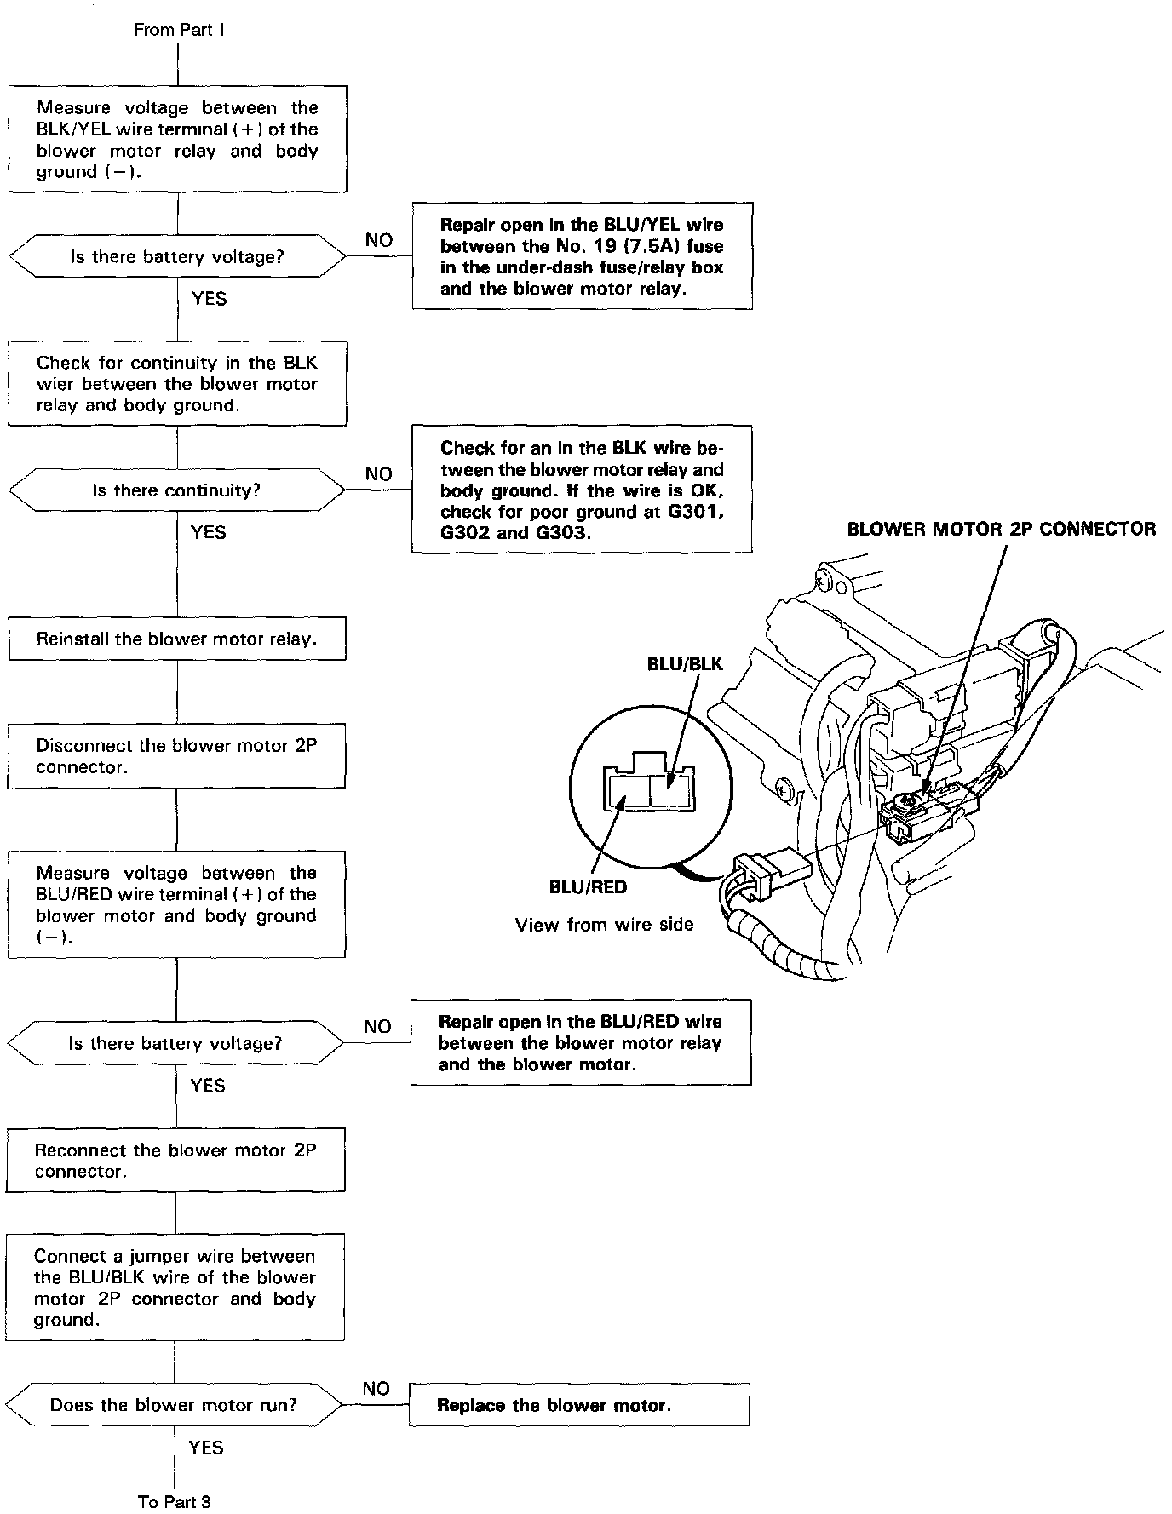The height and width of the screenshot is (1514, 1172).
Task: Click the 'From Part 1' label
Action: pos(179,30)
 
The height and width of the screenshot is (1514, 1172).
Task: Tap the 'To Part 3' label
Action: pos(174,1501)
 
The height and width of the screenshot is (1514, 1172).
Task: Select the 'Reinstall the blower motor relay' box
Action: pos(177,639)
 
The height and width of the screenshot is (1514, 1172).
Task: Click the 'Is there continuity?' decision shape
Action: pos(176,490)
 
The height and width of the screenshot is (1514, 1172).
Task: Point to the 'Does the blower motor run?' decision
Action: pos(174,1405)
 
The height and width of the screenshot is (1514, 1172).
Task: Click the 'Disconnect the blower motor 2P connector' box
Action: pos(176,756)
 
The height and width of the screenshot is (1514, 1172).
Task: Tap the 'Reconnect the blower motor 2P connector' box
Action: pos(175,1161)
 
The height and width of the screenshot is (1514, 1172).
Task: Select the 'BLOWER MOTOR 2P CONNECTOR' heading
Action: pos(1001,529)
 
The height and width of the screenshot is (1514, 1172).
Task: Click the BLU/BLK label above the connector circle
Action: pos(685,664)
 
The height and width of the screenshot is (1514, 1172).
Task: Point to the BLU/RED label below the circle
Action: pos(588,887)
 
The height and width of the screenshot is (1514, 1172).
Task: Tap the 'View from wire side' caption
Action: pos(604,925)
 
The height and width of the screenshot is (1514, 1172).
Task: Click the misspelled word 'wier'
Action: pos(53,384)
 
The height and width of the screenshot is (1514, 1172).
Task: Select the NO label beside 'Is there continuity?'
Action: pos(378,474)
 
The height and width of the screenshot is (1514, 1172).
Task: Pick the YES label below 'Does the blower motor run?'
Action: pos(206,1448)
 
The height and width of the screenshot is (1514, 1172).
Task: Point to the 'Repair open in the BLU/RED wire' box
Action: pos(581,1042)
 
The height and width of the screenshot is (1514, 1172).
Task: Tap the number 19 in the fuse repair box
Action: pos(599,247)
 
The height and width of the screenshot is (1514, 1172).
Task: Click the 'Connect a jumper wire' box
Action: pos(175,1287)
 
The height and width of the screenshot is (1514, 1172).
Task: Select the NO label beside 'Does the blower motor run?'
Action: pos(376,1389)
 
